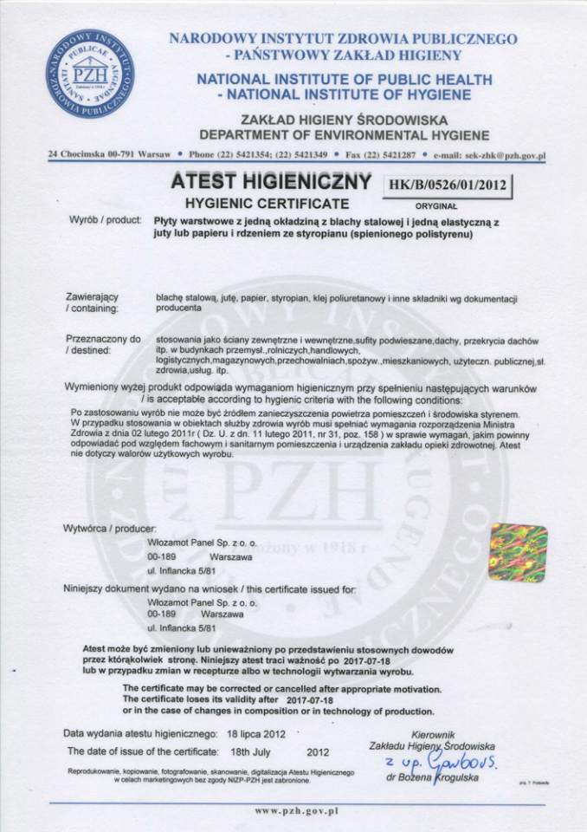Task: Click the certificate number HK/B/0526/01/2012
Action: click(449, 184)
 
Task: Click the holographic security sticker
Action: click(518, 553)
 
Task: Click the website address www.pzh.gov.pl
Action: click(296, 813)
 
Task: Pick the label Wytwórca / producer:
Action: click(110, 528)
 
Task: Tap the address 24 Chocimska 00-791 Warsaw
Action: click(109, 156)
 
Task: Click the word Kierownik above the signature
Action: click(435, 733)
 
